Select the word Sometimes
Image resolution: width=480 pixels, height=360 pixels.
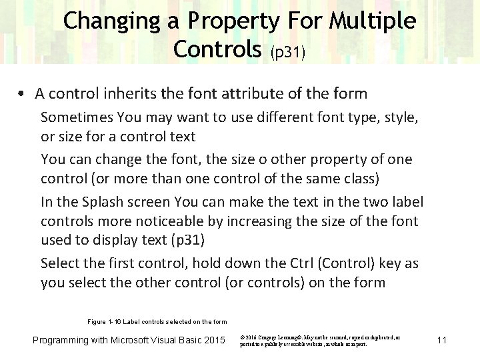(x=77, y=119)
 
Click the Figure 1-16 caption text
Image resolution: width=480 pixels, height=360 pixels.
(x=157, y=322)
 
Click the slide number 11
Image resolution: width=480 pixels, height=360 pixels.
(x=441, y=341)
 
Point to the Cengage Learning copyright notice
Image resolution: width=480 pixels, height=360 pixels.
(x=320, y=341)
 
